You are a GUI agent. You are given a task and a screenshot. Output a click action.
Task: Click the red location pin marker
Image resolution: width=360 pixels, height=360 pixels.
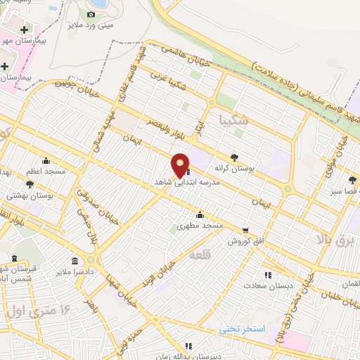181,165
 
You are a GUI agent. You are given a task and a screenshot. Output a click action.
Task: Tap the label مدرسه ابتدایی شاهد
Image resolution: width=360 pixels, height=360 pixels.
188,181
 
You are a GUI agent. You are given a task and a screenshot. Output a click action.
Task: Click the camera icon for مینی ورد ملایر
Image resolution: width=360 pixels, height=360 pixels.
91,14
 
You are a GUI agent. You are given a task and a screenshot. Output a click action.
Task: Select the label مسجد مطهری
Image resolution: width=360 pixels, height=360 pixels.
200,226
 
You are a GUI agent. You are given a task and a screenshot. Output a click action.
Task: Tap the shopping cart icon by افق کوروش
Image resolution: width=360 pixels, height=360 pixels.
245,230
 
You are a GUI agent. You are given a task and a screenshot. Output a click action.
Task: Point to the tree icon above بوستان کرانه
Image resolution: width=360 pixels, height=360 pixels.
234,157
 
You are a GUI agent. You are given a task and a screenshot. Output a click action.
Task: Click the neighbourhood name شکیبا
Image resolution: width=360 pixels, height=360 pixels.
233,118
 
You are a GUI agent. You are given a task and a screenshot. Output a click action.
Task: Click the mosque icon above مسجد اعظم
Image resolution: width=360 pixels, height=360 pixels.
46,160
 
